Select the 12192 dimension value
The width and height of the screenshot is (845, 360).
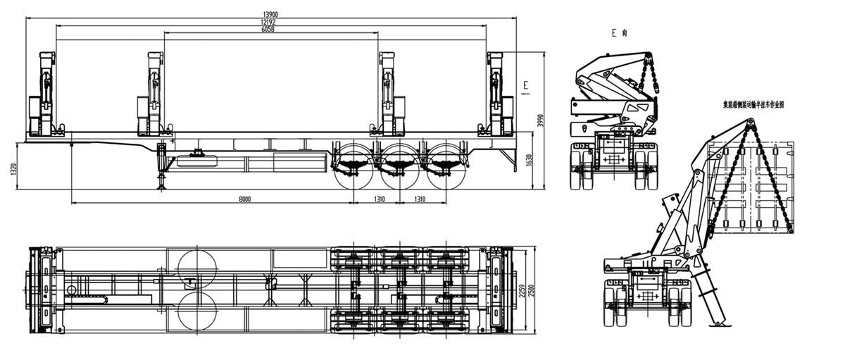coord(270,22)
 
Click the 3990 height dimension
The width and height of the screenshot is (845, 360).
coord(542,120)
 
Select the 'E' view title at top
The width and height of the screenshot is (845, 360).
coord(619,32)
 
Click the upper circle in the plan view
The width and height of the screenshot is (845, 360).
coord(198,269)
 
